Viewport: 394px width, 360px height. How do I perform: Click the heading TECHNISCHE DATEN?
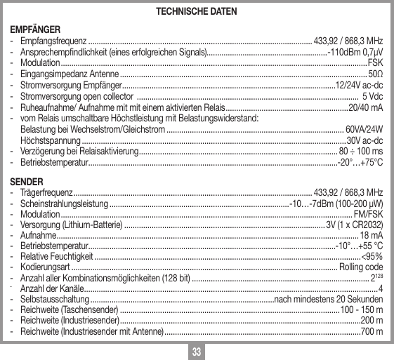pyautogui.click(x=196, y=13)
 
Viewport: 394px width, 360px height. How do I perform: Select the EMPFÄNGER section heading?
pyautogui.click(x=34, y=29)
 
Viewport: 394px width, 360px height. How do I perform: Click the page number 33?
pyautogui.click(x=197, y=349)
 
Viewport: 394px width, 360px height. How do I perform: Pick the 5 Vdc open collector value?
pyautogui.click(x=372, y=96)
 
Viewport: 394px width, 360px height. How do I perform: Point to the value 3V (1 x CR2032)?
pyautogui.click(x=354, y=225)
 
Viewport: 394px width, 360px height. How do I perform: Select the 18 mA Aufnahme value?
pyautogui.click(x=372, y=235)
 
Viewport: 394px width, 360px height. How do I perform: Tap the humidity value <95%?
pyautogui.click(x=372, y=257)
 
